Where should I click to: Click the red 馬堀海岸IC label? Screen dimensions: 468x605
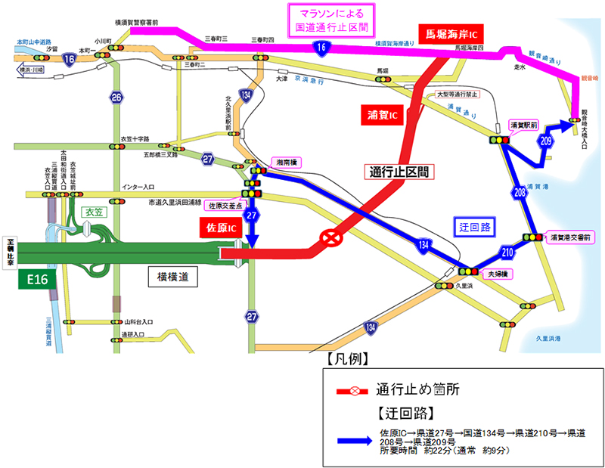tap(451, 33)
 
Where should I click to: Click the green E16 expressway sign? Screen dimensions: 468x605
tap(38, 280)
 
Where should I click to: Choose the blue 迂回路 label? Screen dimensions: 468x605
tap(475, 226)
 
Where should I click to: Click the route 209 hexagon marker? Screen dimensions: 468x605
tap(546, 141)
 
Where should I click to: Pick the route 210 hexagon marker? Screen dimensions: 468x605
tap(507, 250)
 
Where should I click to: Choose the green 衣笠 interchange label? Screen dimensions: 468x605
tap(93, 212)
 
